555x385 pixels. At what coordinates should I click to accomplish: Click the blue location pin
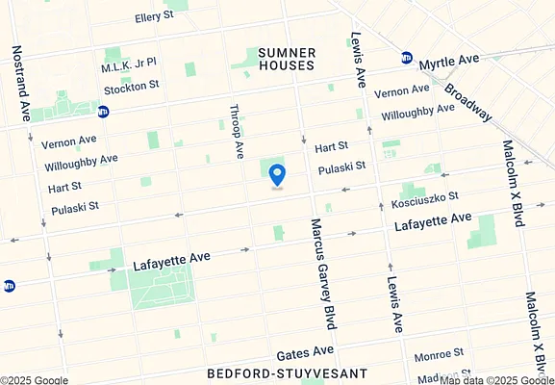(x=277, y=175)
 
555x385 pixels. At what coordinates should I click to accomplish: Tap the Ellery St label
(x=154, y=17)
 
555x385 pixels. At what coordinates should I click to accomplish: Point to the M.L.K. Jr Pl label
(x=128, y=68)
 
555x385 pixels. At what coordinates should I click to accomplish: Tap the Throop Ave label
(x=235, y=132)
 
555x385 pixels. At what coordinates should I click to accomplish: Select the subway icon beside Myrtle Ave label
(x=407, y=58)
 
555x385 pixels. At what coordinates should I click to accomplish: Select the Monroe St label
(x=440, y=355)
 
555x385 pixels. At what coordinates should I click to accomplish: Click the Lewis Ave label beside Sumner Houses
(x=357, y=58)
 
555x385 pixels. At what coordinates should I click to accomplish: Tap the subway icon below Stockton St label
(x=103, y=111)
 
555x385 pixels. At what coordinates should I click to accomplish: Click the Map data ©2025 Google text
(x=496, y=379)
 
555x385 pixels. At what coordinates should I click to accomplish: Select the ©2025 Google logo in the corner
(x=35, y=379)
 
